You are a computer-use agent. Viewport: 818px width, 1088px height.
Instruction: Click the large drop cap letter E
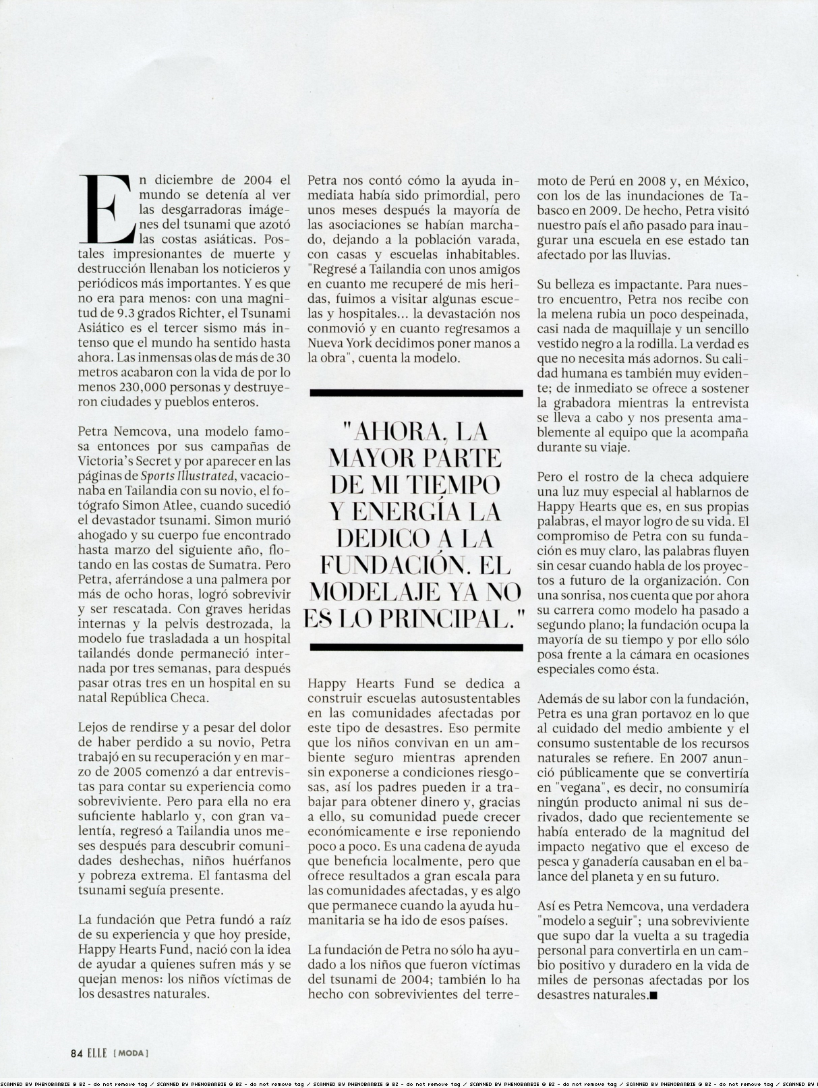pos(107,209)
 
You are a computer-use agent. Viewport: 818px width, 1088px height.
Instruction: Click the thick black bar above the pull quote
pos(415,393)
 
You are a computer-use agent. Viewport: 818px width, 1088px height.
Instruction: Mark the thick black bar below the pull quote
pos(415,648)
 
